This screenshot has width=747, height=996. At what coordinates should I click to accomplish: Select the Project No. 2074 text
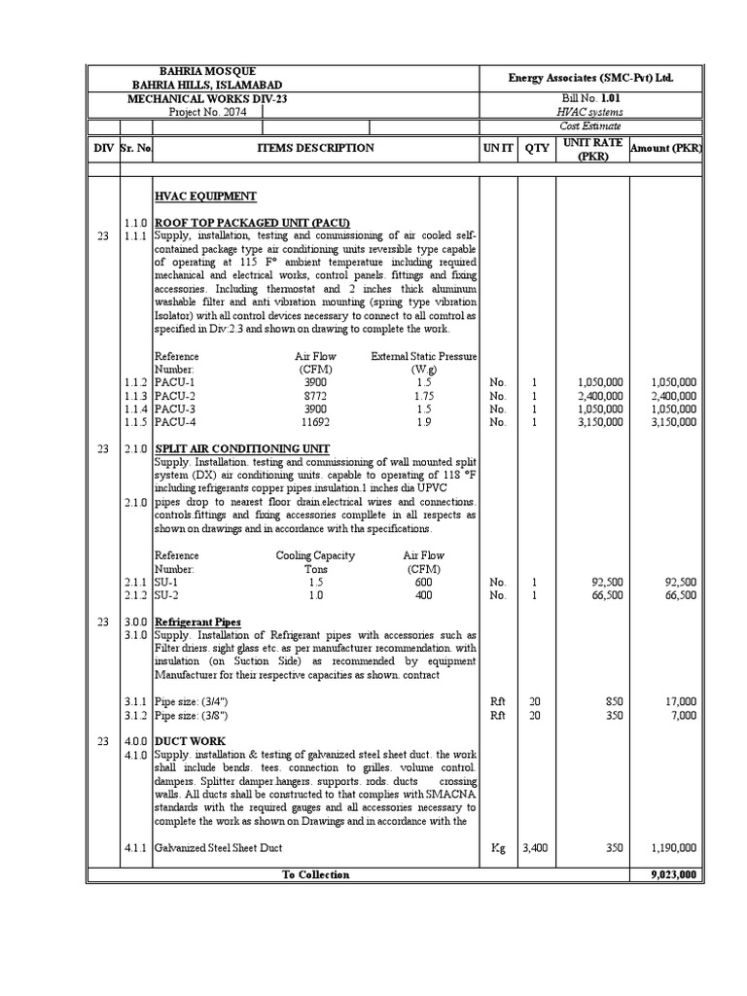click(207, 112)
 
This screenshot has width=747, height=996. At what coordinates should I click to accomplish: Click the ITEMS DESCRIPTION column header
click(315, 148)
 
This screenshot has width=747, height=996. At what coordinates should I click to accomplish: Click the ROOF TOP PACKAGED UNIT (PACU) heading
click(252, 223)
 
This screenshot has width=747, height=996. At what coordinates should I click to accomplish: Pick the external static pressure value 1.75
click(423, 397)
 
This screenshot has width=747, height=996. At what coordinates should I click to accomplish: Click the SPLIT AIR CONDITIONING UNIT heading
click(250, 448)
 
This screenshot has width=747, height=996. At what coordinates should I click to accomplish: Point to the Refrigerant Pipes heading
click(197, 622)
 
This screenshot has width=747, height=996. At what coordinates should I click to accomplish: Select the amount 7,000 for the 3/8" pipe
click(683, 715)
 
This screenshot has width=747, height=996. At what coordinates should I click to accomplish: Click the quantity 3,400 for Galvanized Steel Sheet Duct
click(535, 848)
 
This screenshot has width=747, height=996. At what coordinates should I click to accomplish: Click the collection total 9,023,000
click(673, 874)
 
